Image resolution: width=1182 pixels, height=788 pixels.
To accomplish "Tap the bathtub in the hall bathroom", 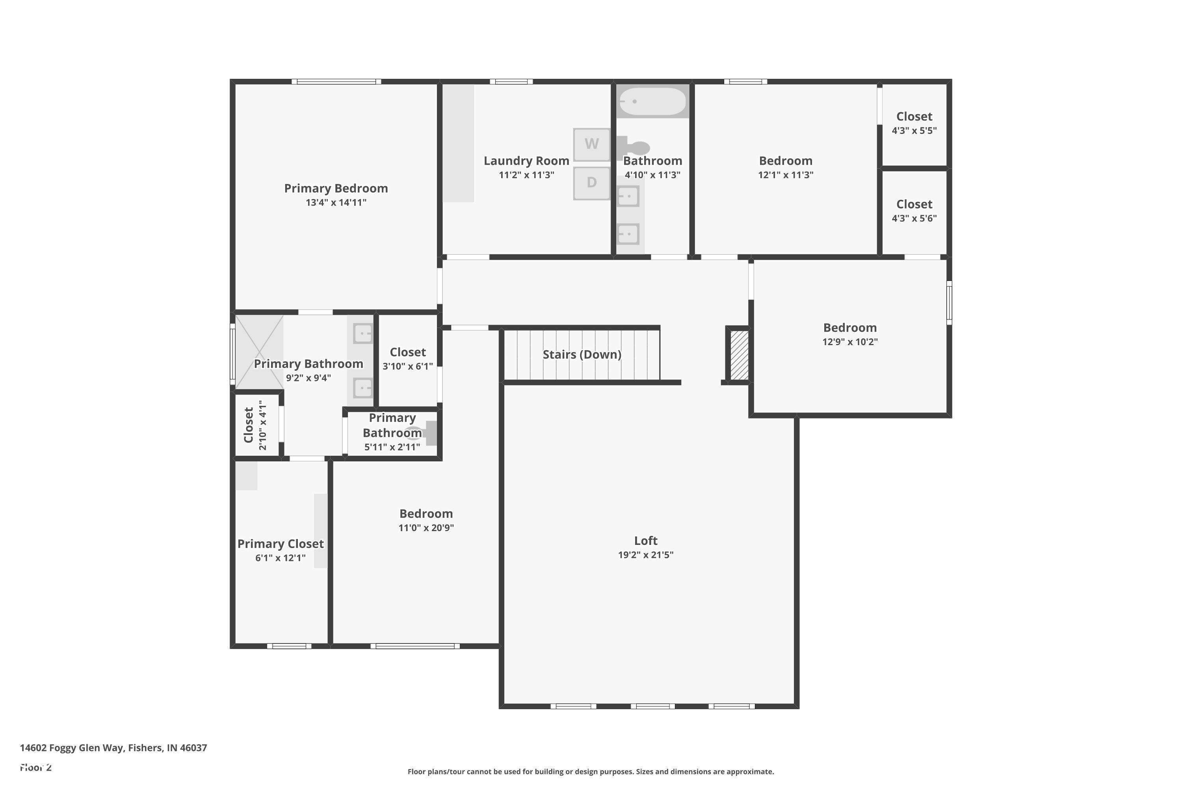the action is [652, 102].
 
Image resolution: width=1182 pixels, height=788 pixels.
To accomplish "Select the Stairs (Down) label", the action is [582, 354].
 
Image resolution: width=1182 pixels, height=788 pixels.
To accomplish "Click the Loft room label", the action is [646, 540].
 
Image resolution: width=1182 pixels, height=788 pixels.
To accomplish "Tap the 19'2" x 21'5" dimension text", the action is [646, 555].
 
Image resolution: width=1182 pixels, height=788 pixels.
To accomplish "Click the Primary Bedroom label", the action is [336, 188].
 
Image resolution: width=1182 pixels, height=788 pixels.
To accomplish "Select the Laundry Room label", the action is [527, 161].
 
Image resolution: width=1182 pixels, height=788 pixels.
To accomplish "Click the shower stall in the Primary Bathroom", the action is [259, 352].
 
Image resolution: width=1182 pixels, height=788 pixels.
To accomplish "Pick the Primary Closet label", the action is [281, 544].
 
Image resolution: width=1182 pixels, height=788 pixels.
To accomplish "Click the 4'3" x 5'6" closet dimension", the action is [914, 219].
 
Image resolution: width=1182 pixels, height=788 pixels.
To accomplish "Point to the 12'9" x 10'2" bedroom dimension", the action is [850, 342].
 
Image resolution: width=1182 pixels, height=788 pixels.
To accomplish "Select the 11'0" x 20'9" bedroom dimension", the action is [426, 528].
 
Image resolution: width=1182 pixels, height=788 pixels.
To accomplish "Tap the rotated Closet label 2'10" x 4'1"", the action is [255, 425].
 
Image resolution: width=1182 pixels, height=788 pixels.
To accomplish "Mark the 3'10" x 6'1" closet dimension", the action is [407, 366].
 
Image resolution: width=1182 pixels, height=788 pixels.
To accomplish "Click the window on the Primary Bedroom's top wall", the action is [336, 82].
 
